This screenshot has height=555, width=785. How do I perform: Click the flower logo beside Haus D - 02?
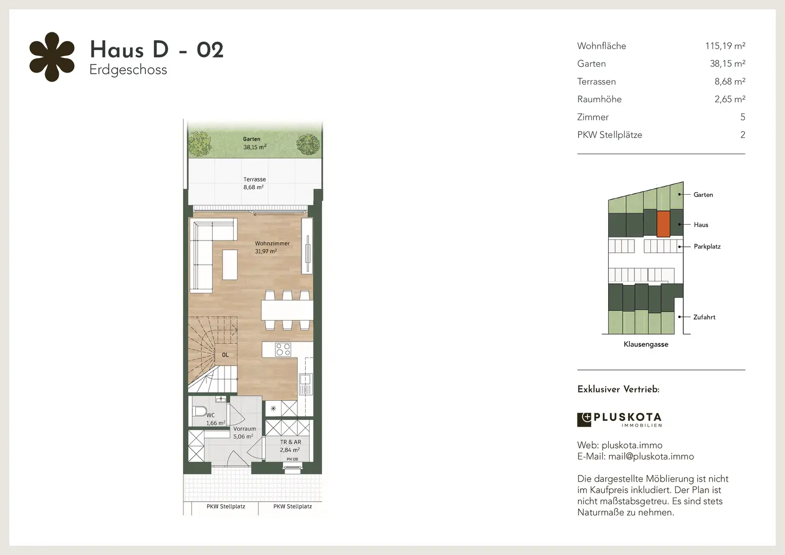[x=52, y=57]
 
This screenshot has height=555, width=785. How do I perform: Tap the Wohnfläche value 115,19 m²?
[x=725, y=46]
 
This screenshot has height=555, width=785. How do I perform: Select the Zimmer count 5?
[x=742, y=117]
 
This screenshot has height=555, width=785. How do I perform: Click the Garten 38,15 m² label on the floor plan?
[x=255, y=143]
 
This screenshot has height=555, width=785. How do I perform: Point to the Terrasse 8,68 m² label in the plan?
[x=254, y=183]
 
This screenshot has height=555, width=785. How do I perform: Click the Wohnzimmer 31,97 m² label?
[x=272, y=247]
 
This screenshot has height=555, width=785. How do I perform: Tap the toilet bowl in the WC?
[x=200, y=411]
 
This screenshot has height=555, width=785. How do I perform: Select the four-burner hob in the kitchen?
[x=283, y=349]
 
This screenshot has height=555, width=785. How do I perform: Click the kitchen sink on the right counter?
[x=305, y=379]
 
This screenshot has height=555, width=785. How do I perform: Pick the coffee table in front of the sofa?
[x=230, y=264]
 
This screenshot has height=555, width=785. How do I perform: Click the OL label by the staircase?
[x=226, y=355]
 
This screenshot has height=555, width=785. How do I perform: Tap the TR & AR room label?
[x=290, y=442]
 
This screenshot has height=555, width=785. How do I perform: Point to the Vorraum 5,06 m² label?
[x=244, y=433]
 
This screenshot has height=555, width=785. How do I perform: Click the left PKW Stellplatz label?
[x=226, y=506]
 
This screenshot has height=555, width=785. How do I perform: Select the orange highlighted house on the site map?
[x=663, y=224]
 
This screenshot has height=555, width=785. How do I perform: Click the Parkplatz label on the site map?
[x=707, y=247]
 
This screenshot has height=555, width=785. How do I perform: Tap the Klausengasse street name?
[x=646, y=344]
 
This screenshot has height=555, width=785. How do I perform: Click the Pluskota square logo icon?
[x=584, y=420]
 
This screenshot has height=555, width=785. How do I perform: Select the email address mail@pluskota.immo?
[x=651, y=456]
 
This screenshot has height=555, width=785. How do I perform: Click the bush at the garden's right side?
[x=308, y=144]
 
